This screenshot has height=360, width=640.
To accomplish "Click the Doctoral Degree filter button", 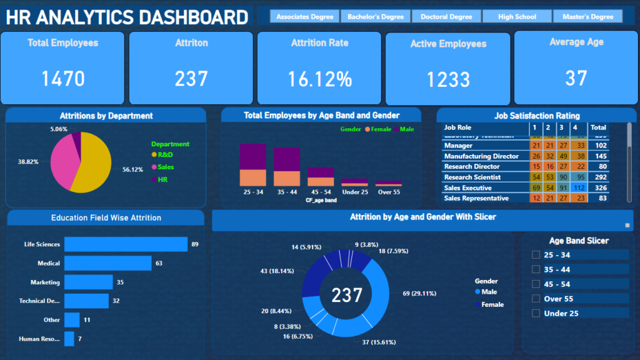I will coord(446,17).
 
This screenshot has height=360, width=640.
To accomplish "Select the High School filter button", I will coord(517,17).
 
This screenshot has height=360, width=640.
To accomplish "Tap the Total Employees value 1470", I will coord(63,79).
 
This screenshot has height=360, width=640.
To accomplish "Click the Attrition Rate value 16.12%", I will coord(319,79).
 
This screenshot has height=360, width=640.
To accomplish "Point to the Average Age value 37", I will coord(576,78).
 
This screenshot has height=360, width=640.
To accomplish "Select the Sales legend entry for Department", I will coord(166,167).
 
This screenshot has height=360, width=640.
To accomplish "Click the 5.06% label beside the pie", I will coord(59,129).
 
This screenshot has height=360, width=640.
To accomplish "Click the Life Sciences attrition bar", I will coord(126,244).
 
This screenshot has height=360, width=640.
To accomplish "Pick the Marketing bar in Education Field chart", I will coord(88,282).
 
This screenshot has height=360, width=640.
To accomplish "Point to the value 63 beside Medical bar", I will coord(159,264).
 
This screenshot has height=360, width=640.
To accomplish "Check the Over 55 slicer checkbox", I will coord(535,299).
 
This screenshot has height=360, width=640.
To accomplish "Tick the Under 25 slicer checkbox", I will coord(535,313).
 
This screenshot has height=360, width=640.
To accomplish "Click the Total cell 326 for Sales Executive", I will coord(598,187).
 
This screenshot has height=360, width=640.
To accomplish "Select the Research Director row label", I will coord(472,167).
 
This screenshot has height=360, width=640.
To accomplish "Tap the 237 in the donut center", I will coord(346,294).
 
